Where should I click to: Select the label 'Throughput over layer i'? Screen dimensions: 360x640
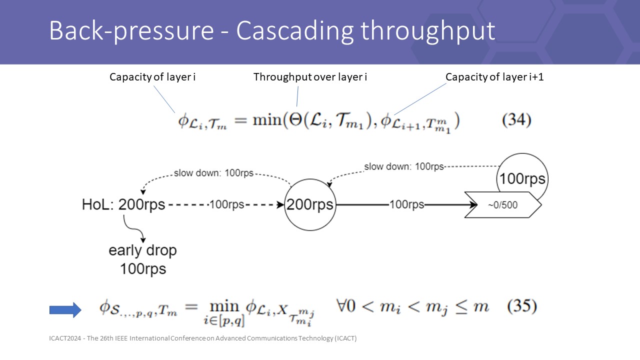(310, 77)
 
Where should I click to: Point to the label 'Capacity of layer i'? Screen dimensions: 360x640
(149, 77)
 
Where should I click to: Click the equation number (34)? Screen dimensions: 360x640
(516, 120)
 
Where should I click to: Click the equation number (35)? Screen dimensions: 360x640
(522, 306)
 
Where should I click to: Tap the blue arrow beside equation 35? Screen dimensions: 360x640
(65, 310)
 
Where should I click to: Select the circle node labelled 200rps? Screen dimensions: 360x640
(310, 205)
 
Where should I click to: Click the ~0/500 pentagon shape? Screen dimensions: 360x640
(503, 205)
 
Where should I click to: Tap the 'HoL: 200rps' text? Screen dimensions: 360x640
(123, 205)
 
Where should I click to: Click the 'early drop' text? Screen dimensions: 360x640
(142, 250)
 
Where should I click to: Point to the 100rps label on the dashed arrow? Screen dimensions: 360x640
(226, 205)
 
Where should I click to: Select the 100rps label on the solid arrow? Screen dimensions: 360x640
(407, 205)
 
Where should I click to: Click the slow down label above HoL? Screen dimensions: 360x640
(213, 173)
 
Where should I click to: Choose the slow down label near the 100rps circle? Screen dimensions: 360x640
(403, 166)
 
